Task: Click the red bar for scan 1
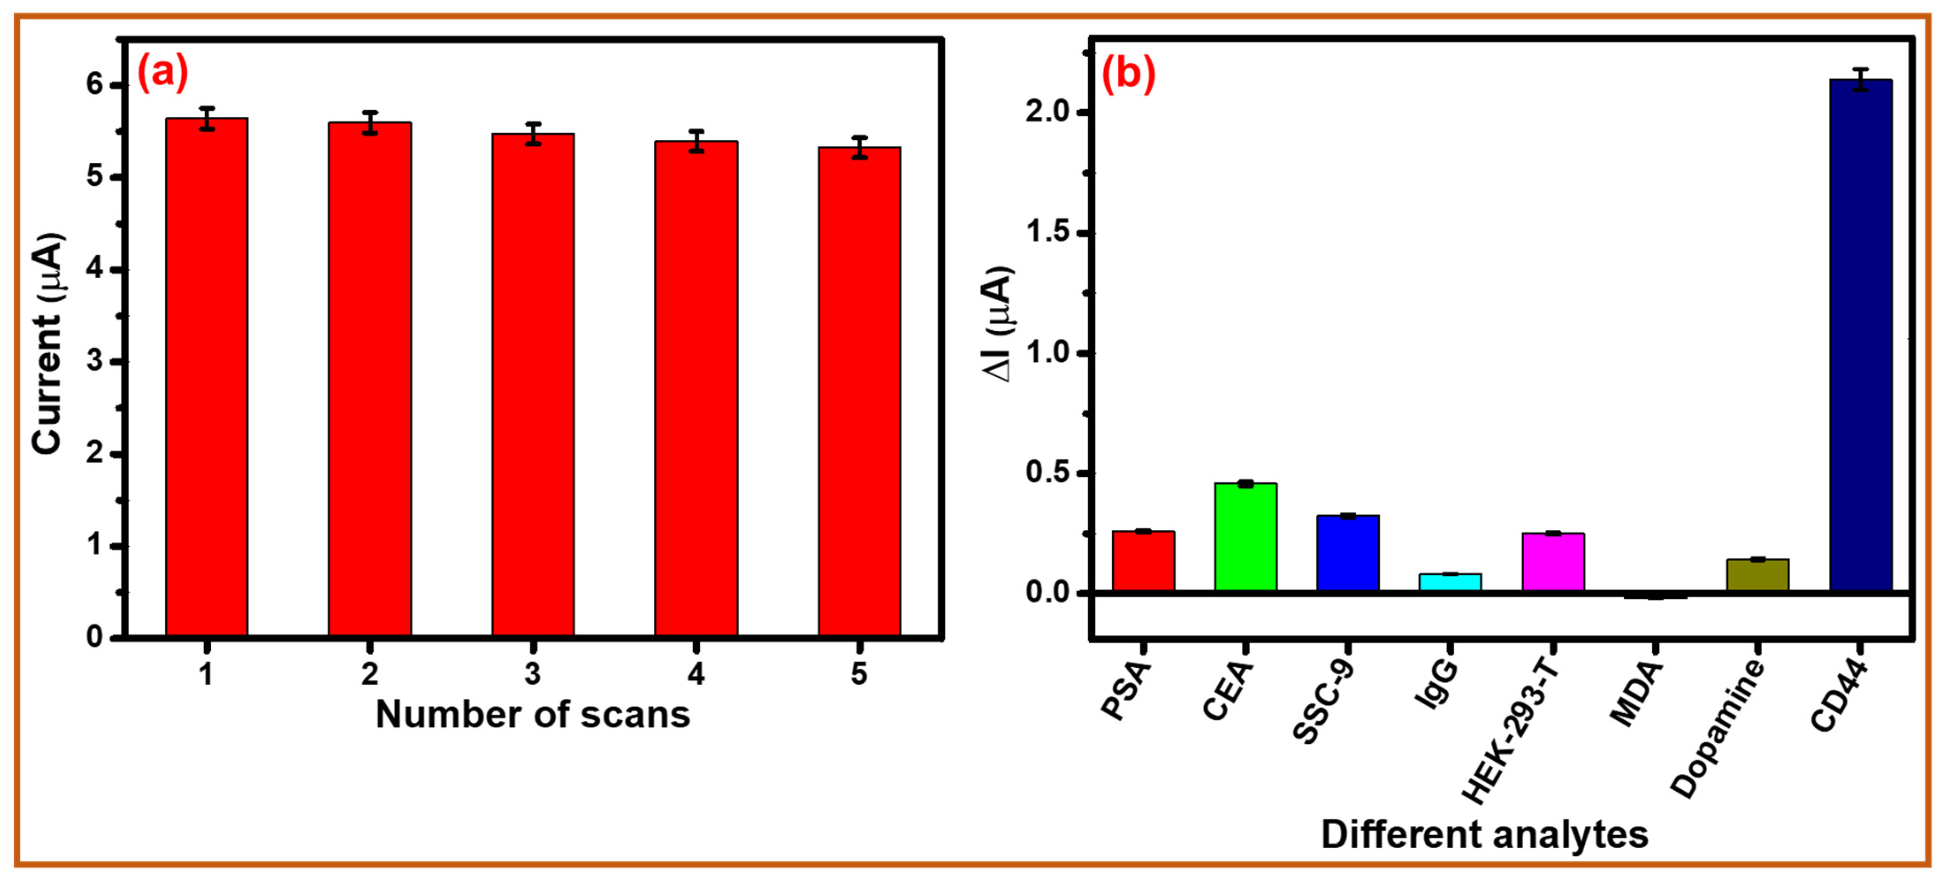[207, 378]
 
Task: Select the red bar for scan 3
[533, 385]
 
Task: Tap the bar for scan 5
[859, 393]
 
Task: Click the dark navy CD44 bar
[1861, 336]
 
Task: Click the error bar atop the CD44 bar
[1861, 79]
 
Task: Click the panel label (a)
[162, 73]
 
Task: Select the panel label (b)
[1128, 74]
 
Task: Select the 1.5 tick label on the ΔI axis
[1049, 233]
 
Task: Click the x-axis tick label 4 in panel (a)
[696, 673]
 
